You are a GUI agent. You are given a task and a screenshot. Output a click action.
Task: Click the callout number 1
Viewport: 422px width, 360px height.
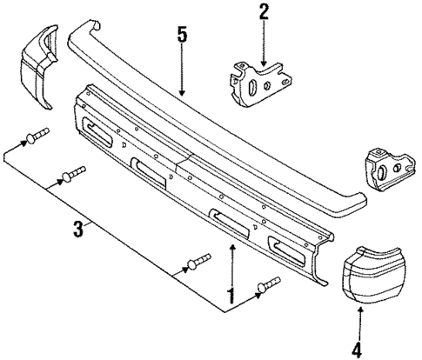[231, 296]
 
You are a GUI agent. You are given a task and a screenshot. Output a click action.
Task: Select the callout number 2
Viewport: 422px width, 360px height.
[264, 13]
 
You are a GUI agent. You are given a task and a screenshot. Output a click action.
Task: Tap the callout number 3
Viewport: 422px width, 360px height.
[78, 230]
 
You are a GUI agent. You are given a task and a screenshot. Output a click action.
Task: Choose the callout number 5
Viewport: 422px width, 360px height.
[181, 37]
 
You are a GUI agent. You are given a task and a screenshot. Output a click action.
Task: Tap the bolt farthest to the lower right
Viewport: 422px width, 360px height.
[269, 283]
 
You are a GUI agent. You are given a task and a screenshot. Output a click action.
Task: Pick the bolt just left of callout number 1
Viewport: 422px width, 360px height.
[199, 260]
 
